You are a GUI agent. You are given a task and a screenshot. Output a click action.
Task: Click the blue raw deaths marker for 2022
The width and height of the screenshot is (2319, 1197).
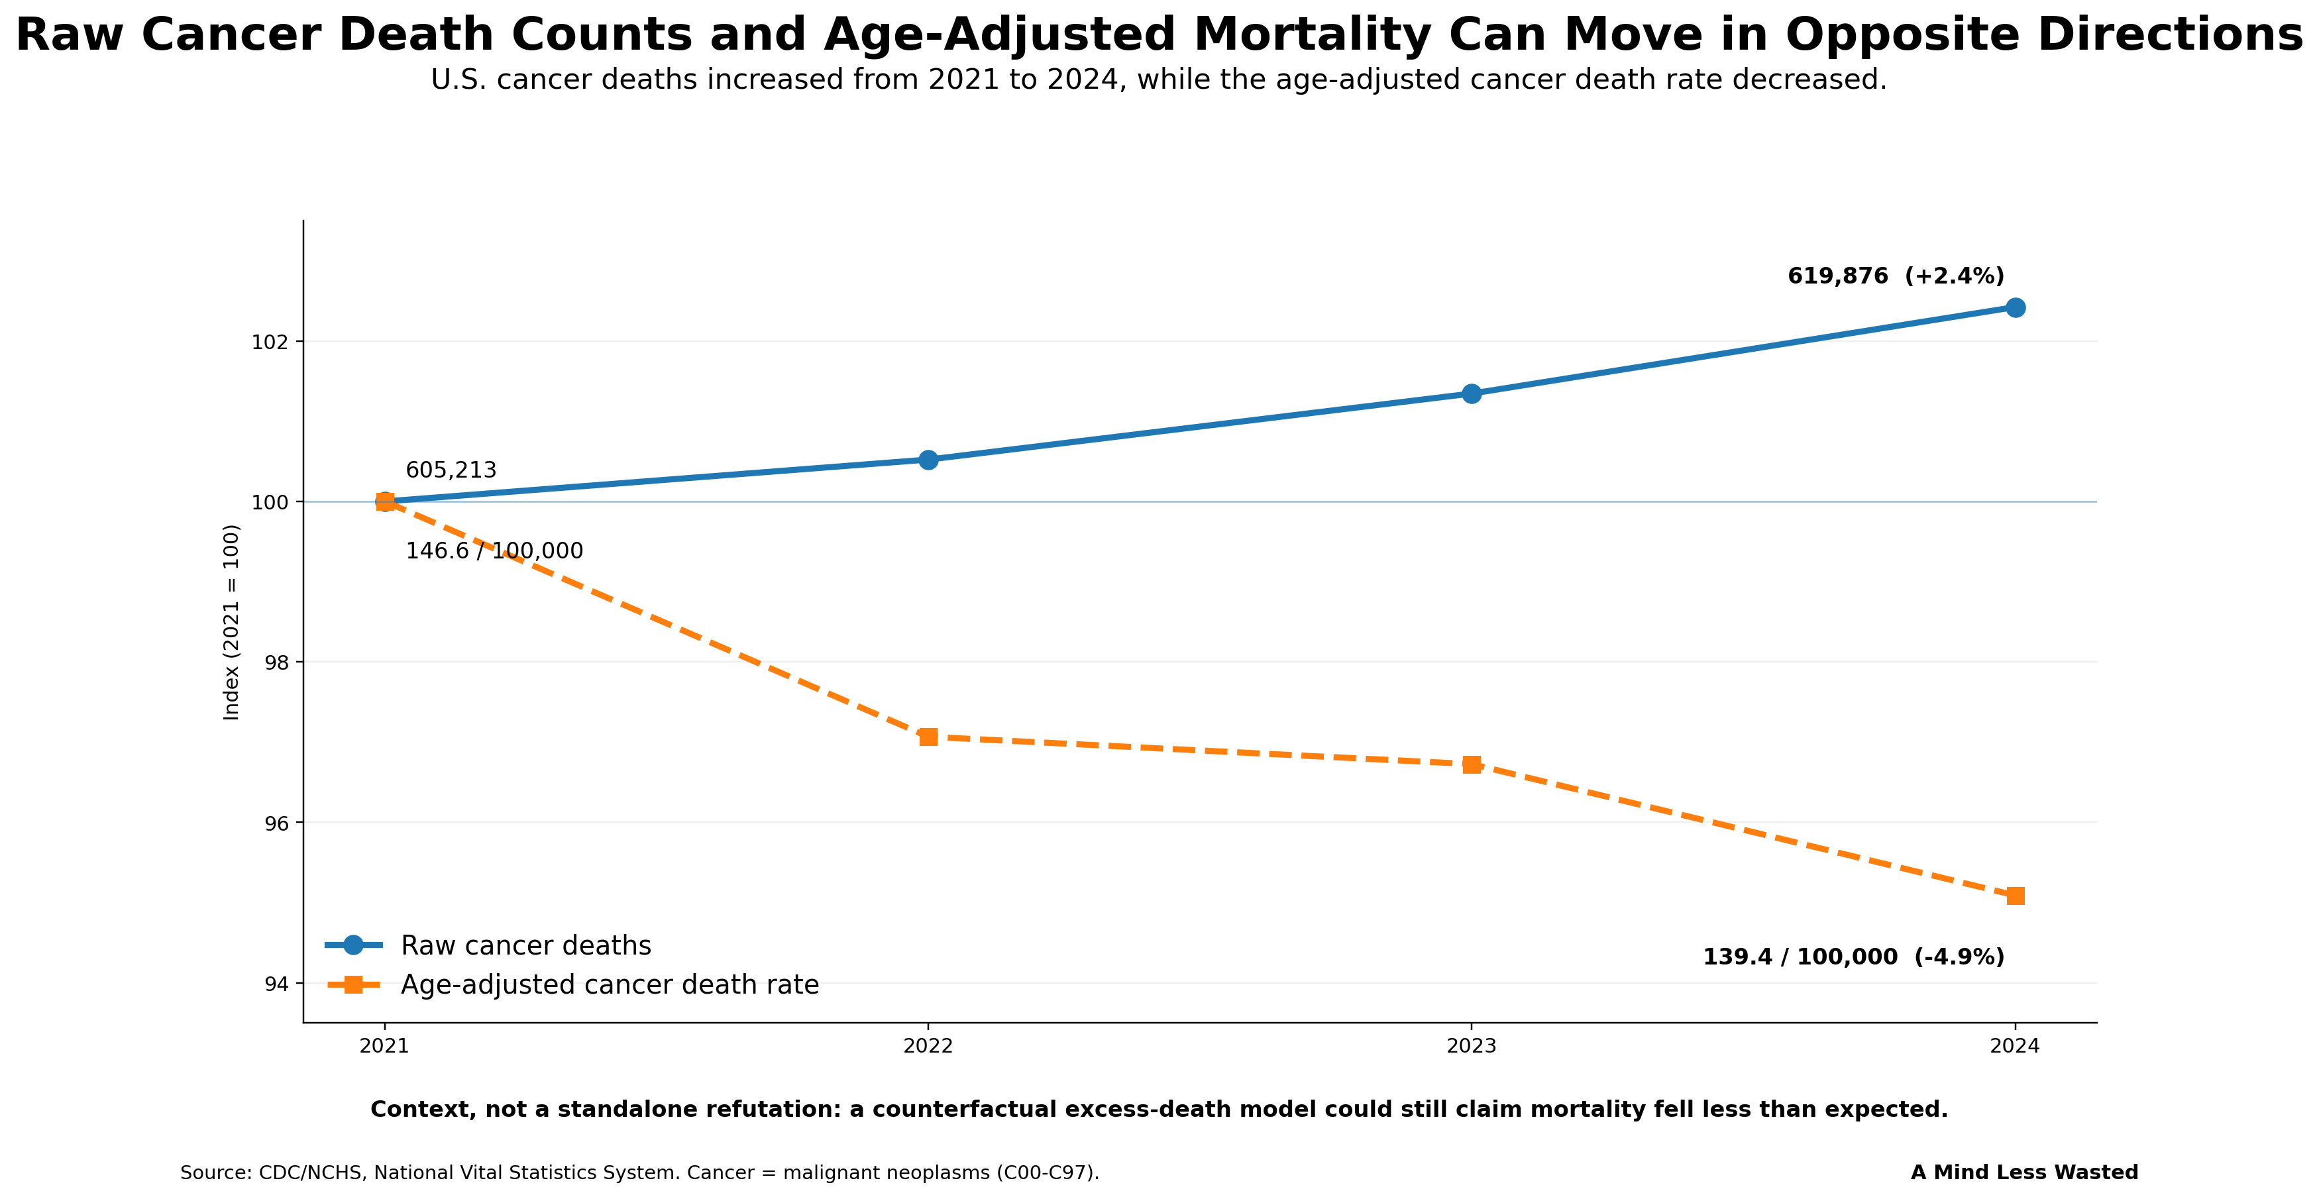click(x=928, y=460)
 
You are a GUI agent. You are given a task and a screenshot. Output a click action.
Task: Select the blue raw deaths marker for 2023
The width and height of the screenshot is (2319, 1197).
click(x=1472, y=393)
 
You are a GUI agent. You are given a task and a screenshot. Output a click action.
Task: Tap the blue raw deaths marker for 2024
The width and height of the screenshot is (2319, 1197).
click(x=2016, y=308)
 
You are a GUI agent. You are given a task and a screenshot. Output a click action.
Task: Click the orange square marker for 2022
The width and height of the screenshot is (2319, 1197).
click(x=928, y=737)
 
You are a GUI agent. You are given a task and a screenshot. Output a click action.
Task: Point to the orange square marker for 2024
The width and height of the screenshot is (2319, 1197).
click(x=2016, y=896)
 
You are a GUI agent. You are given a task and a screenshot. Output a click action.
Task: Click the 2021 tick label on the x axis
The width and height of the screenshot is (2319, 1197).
click(x=384, y=1046)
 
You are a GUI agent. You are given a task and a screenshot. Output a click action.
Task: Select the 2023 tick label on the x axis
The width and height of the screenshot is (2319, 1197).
click(x=1472, y=1046)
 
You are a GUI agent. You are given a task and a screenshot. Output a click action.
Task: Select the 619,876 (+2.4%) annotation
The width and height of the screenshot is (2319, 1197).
click(x=1896, y=276)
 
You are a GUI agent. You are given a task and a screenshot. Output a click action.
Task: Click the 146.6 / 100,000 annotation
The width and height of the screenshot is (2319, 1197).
click(x=494, y=550)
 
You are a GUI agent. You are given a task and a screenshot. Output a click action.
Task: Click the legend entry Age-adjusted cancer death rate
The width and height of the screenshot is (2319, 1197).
click(x=572, y=984)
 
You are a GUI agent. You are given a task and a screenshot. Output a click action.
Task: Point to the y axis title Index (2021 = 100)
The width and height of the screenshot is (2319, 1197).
click(x=231, y=622)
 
